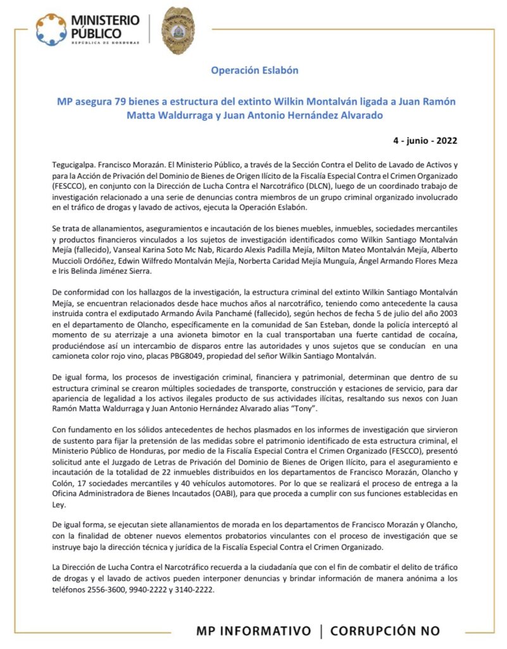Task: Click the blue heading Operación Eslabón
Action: pos(254,70)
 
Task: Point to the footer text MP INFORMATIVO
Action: pos(254,631)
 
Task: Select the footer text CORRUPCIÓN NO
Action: pos(385,631)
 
